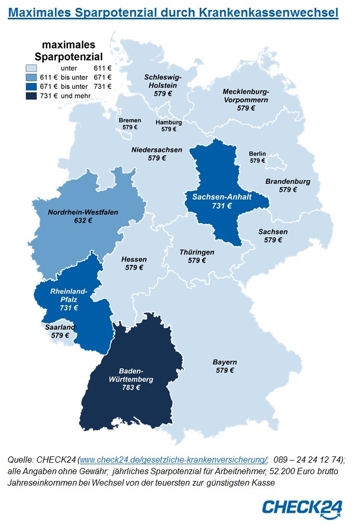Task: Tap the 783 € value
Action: coord(131,387)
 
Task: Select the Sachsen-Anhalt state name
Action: coord(222,197)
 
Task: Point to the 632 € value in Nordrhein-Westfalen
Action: coord(83,221)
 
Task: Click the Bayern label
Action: coord(225,362)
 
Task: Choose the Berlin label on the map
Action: coord(257,154)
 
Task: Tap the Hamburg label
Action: coord(169,122)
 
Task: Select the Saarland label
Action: coord(60,327)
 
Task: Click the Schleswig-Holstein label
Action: coord(163,81)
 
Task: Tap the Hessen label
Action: coord(134,259)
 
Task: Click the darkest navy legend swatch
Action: coord(31,96)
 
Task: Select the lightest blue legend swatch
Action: coord(31,68)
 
